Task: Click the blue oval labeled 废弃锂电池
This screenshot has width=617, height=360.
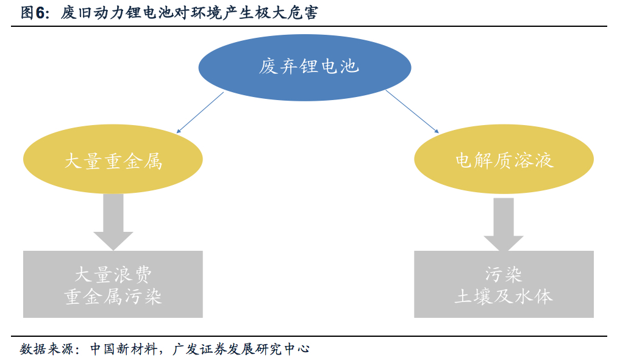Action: [309, 67]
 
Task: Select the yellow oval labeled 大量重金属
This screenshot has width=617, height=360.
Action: [113, 160]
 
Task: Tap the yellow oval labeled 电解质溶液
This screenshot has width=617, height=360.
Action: [504, 160]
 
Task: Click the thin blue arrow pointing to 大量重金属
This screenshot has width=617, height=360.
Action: [201, 112]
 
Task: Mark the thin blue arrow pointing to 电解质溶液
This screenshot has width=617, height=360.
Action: [412, 111]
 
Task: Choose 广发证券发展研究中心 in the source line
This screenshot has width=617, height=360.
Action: [240, 349]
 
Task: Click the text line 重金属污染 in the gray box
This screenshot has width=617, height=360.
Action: [113, 297]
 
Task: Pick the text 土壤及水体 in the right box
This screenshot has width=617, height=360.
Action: [504, 297]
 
